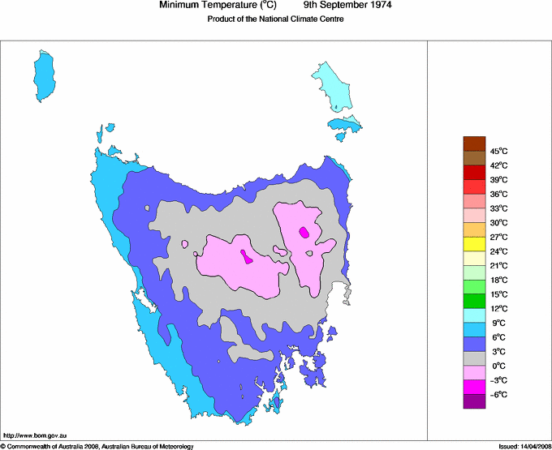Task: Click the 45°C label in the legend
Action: point(499,151)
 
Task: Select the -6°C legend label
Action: point(499,394)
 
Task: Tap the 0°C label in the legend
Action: point(499,366)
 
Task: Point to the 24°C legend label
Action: point(499,251)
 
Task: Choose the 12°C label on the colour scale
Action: point(499,308)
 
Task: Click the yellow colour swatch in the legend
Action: point(474,244)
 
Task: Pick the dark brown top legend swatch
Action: point(474,144)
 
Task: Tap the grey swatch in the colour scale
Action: point(474,358)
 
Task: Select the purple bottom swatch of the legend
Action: point(474,401)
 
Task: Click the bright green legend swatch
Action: point(474,301)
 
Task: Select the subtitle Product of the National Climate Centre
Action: point(276,19)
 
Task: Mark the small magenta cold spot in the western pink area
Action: point(245,258)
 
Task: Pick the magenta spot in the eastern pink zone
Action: point(304,232)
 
